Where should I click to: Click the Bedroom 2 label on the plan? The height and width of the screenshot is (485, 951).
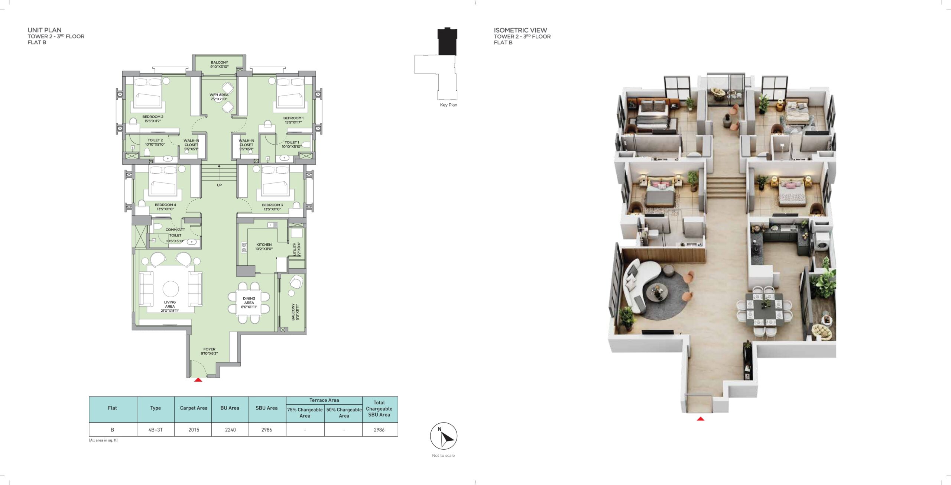(x=153, y=119)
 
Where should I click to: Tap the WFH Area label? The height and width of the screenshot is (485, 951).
(x=219, y=97)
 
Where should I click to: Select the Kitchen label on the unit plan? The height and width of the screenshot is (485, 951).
(x=264, y=247)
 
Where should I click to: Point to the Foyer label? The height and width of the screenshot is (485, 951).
(x=209, y=351)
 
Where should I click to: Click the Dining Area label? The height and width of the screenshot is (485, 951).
(x=249, y=303)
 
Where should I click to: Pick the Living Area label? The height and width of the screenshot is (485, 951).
(x=170, y=306)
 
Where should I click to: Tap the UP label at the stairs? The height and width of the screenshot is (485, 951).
(x=219, y=185)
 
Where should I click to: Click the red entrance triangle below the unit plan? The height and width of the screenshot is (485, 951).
(x=198, y=380)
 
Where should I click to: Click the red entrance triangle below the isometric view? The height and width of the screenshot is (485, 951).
(x=701, y=419)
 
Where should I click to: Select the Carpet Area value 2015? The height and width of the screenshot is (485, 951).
(x=194, y=430)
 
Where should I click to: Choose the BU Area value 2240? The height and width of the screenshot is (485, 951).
(x=230, y=430)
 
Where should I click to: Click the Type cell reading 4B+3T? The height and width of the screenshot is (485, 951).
(x=155, y=430)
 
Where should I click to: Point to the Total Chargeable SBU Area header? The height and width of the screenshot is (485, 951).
(x=379, y=408)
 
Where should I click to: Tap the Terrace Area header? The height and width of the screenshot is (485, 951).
(x=324, y=400)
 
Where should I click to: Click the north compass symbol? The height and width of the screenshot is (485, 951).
(x=444, y=436)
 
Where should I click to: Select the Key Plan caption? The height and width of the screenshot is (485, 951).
(x=448, y=105)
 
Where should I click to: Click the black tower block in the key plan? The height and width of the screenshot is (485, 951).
(x=448, y=42)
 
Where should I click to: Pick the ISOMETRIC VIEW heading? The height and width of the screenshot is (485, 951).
(x=520, y=30)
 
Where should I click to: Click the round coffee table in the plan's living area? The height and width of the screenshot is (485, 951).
(x=171, y=289)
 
